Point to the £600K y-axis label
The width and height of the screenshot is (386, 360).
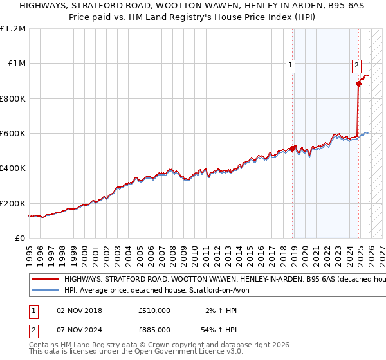tap(13, 134)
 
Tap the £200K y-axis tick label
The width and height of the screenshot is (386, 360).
tap(13, 203)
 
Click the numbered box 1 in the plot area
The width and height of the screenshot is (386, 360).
tap(290, 64)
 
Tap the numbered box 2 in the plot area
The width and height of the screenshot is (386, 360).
tap(356, 64)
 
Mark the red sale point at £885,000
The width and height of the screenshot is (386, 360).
tap(359, 84)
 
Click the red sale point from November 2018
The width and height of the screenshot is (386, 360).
tap(293, 149)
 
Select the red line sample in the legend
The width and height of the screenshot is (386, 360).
tap(45, 280)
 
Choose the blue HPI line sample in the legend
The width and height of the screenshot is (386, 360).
tap(45, 291)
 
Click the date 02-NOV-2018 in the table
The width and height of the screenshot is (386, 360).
tap(79, 310)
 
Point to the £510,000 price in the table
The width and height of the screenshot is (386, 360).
tap(154, 310)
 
